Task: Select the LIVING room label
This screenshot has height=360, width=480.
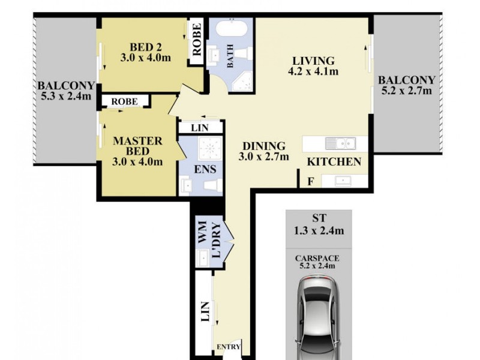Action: pyautogui.click(x=313, y=61)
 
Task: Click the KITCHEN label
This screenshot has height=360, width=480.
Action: pyautogui.click(x=334, y=161)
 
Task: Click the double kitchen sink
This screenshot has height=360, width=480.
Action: pyautogui.click(x=340, y=143)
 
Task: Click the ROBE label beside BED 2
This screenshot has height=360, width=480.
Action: pyautogui.click(x=196, y=39)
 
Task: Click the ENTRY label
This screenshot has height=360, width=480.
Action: pyautogui.click(x=229, y=347)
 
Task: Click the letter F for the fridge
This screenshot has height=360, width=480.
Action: pyautogui.click(x=310, y=181)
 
